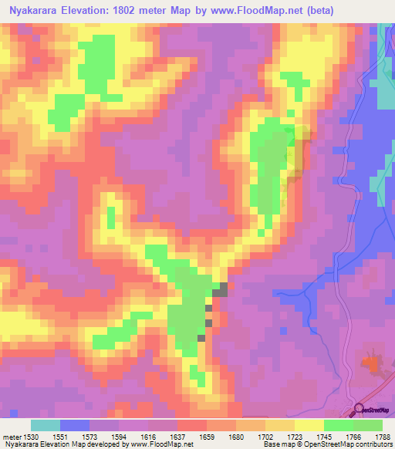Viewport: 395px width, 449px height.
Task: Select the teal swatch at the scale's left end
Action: click(x=46, y=425)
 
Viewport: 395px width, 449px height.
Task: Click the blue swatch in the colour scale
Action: click(x=75, y=425)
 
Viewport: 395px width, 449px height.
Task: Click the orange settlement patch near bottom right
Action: click(x=373, y=362)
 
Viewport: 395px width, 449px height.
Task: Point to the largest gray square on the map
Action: click(x=221, y=289)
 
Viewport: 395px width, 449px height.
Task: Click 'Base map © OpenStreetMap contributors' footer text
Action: click(x=329, y=444)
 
